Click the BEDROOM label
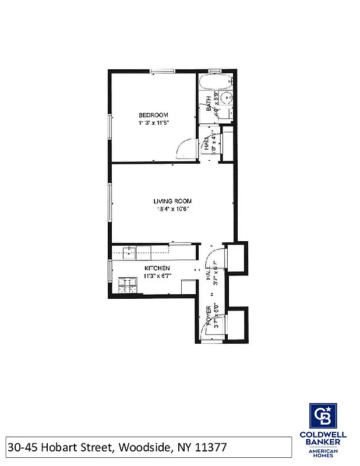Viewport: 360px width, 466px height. pos(154,114)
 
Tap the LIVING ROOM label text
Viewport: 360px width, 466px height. pos(172,201)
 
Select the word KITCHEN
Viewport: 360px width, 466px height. pos(157,268)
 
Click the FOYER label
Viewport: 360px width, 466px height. pos(208,317)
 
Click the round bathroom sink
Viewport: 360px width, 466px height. pos(228,98)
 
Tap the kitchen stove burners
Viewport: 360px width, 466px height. pos(125,285)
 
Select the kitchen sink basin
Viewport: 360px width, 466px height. pos(128,252)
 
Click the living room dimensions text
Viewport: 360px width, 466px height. pos(172,209)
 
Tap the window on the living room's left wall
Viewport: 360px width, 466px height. pos(110,203)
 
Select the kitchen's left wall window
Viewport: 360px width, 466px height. pos(110,271)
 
